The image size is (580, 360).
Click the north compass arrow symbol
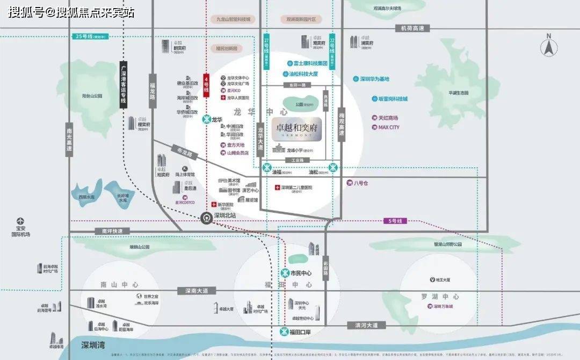548,47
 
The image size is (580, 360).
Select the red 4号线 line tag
206,85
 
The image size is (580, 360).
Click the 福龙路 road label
153,91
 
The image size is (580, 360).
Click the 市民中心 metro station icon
285,273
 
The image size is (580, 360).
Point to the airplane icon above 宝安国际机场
20,220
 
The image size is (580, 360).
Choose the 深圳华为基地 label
374,78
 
